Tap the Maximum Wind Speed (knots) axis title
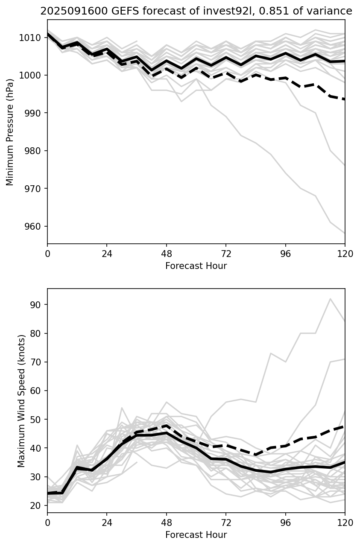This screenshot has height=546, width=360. (x=21, y=401)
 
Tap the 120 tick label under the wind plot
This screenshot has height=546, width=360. (x=345, y=523)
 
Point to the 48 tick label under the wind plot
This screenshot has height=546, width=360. (x=167, y=523)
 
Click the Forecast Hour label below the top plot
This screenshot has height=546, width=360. (x=196, y=266)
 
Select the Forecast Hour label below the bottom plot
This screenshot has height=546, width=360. (x=196, y=535)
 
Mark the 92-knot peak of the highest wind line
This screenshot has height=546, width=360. (x=330, y=299)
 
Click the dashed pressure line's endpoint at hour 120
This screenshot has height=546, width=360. (x=345, y=99)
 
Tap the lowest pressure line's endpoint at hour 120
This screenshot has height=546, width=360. (x=345, y=233)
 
